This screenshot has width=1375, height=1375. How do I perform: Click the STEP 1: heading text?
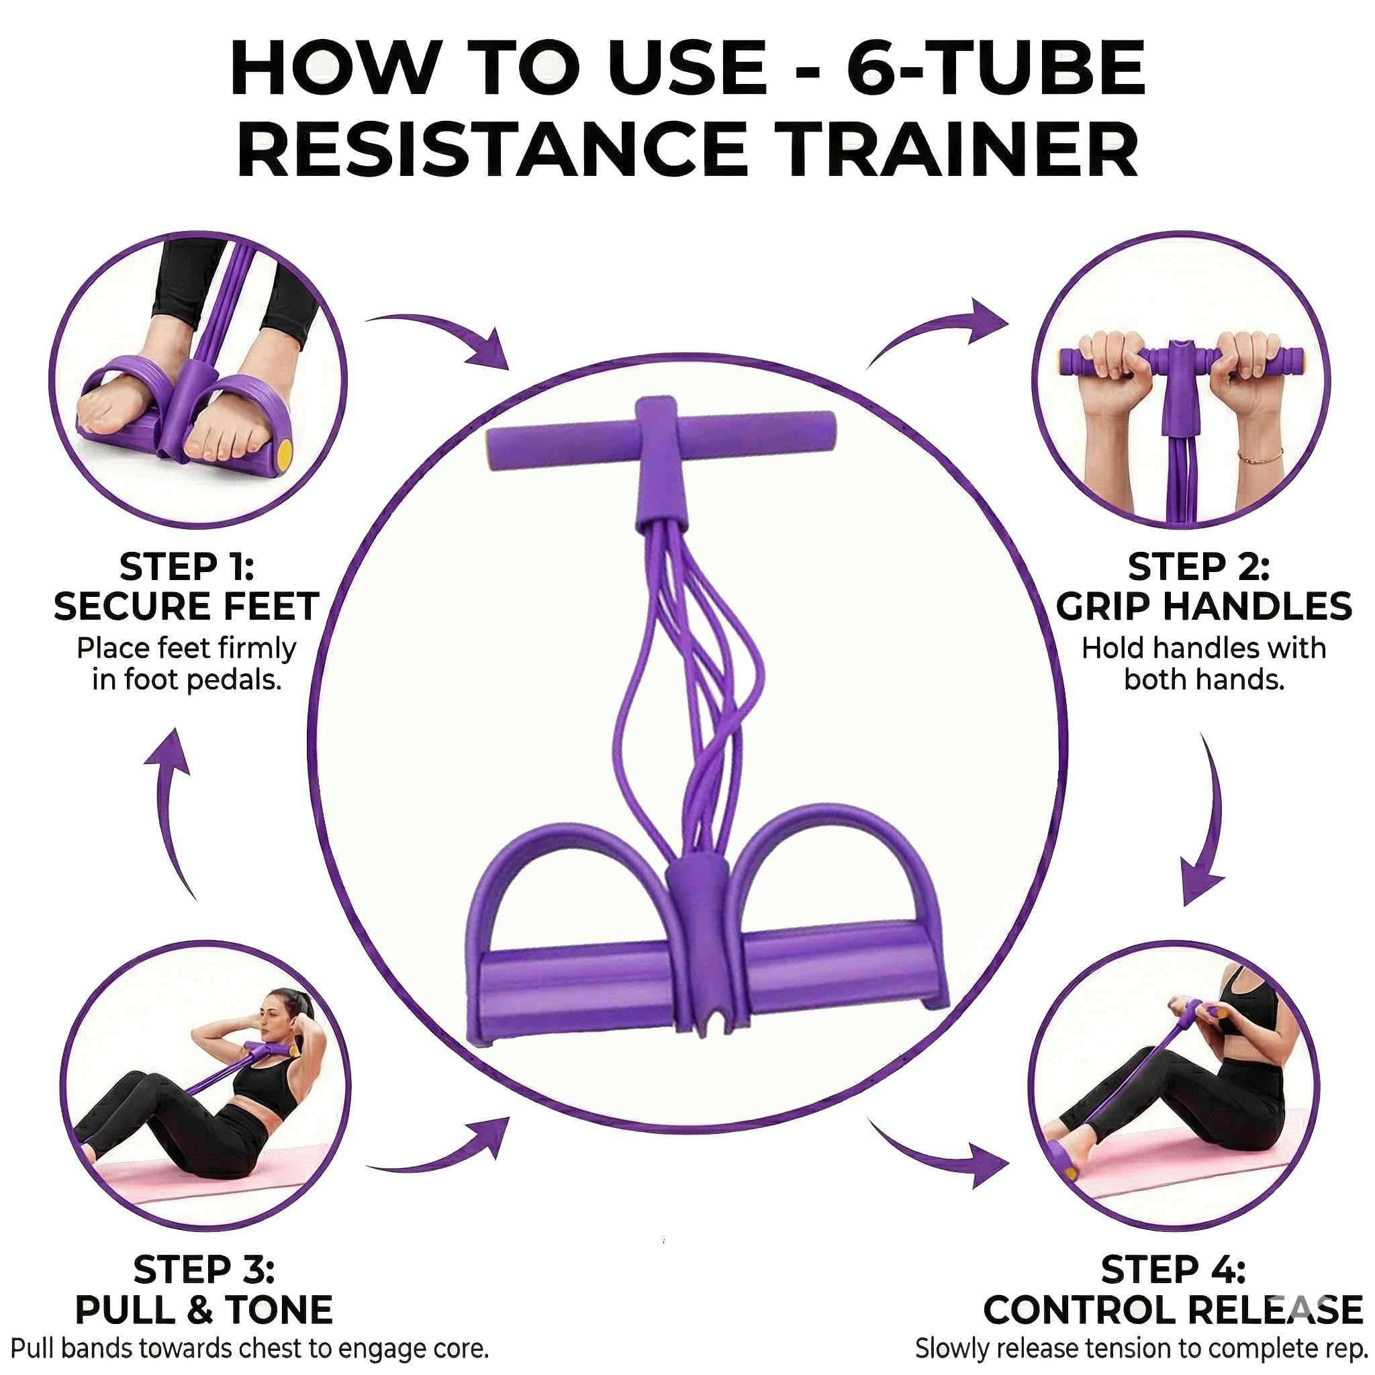(x=187, y=567)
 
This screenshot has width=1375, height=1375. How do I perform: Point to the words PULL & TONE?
(x=203, y=1309)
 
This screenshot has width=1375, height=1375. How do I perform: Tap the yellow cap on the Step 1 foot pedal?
(x=284, y=451)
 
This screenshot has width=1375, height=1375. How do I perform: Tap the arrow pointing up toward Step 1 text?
(x=171, y=804)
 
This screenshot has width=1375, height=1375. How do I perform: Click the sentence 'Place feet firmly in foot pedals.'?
(x=187, y=664)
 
